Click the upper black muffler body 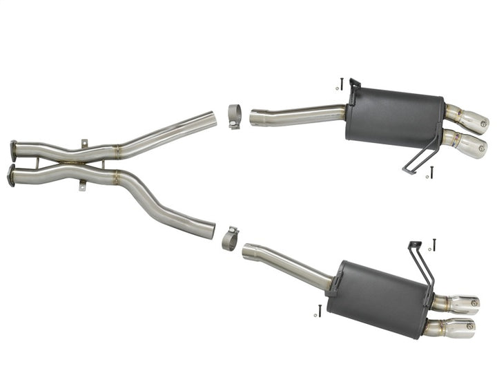(394, 117)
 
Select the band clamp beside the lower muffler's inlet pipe (230, 238)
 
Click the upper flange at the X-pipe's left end (13, 150)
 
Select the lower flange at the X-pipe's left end (11, 175)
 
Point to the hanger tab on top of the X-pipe (84, 144)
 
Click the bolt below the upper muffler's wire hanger (431, 170)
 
